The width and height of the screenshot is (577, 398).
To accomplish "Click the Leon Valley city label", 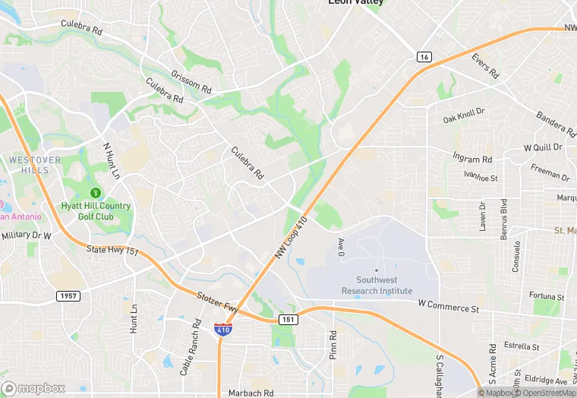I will tap(355, 2).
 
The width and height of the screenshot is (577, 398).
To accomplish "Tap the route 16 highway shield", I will tap(424, 57).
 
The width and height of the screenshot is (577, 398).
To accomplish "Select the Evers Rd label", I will tap(484, 66).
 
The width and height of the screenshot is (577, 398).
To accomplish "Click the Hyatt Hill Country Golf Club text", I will tap(96, 210).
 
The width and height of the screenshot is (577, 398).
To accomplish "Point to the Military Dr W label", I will tap(26, 235).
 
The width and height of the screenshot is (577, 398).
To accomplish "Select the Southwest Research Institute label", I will tap(377, 285).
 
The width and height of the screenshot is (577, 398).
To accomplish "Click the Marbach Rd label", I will tap(251, 393).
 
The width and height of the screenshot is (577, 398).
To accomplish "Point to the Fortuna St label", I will tap(547, 296).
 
